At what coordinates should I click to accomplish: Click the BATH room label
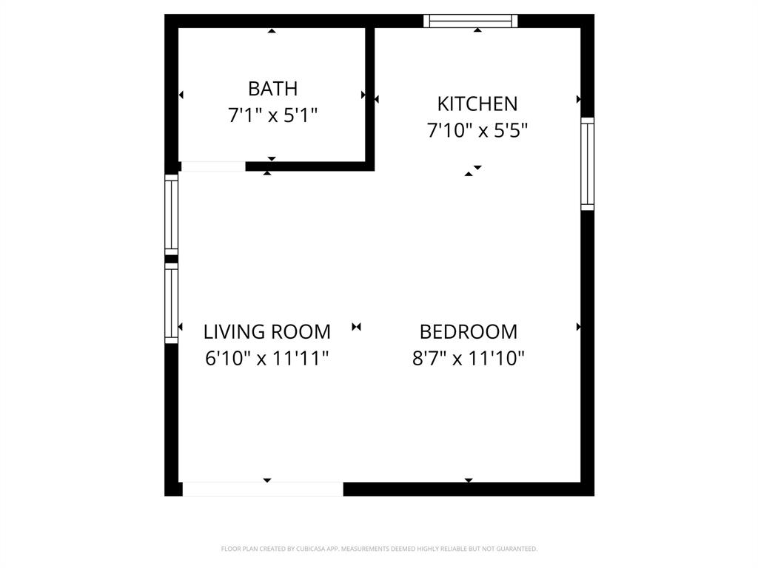coord(272,89)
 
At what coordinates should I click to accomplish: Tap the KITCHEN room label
coord(477,104)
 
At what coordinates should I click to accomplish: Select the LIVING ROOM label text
coord(266,331)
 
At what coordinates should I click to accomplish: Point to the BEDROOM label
coord(468,331)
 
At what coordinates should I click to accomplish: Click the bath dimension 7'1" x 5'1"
coord(272,115)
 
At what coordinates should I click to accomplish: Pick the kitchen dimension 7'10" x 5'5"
coord(477,131)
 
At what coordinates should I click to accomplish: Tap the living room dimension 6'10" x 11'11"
coord(266,359)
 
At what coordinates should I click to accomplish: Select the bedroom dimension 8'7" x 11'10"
coord(468,359)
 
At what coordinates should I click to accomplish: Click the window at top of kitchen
coord(470,21)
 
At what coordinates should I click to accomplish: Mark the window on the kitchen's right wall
coord(587,163)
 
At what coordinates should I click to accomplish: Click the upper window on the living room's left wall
coord(172,214)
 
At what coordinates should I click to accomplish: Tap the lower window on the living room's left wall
coord(172,303)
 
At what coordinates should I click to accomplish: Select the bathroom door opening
coord(213,166)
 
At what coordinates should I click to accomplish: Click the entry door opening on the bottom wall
coord(263,489)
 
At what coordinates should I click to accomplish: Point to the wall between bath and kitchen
coord(369,92)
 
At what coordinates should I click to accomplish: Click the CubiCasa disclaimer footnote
coord(379,549)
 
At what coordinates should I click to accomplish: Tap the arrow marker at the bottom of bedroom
coord(469,481)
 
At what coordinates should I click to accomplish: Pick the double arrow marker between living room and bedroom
coord(356,326)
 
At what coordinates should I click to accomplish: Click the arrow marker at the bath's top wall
coord(272,31)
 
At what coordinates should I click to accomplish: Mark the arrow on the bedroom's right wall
coord(578,326)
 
